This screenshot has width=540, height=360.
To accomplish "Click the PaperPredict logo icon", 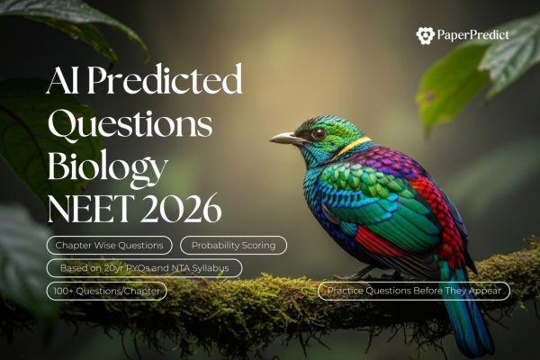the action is tap(426, 35).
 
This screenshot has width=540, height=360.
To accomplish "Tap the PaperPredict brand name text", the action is tap(472, 34).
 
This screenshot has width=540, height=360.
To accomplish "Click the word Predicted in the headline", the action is tap(165, 79).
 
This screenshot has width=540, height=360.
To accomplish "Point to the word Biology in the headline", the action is tap(108, 168).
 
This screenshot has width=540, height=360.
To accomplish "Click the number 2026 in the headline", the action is tap(181, 208).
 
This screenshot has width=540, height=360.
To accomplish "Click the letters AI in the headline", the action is tap(63, 79).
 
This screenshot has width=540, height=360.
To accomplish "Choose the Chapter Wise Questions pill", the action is tap(110, 246).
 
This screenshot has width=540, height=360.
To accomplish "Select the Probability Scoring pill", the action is tap(233, 246).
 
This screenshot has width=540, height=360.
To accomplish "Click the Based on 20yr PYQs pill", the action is tap(144, 268).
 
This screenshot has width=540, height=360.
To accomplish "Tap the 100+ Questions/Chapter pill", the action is tap(107, 291).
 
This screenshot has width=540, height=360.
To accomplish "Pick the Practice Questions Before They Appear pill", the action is tap(414, 291).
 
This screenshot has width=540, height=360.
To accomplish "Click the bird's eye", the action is tap(319, 133).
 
